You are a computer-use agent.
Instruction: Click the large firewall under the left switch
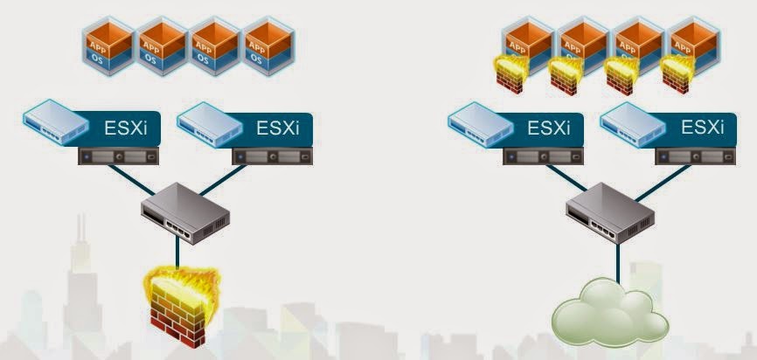pos(182,300)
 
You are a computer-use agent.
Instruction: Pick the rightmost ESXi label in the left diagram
pos(278,128)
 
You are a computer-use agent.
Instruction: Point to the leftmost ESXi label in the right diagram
pos(549,128)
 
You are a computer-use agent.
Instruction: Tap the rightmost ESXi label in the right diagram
pos(704,128)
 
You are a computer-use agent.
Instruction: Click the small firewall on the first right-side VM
pos(510,75)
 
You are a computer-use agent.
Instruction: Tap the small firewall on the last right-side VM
pos(677,75)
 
